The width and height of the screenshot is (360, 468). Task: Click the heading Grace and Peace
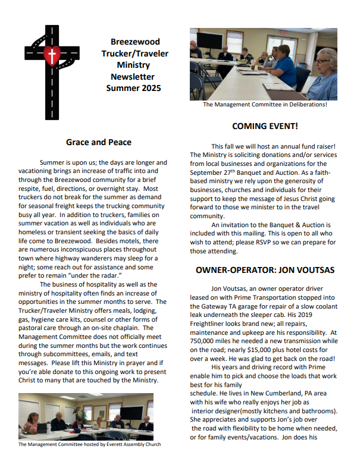(99, 142)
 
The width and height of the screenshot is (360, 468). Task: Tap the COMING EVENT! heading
(265, 126)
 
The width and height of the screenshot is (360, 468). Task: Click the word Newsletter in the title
(132, 77)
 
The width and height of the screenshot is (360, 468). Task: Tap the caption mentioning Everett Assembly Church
(90, 444)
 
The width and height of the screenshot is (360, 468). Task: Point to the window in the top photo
(234, 40)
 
